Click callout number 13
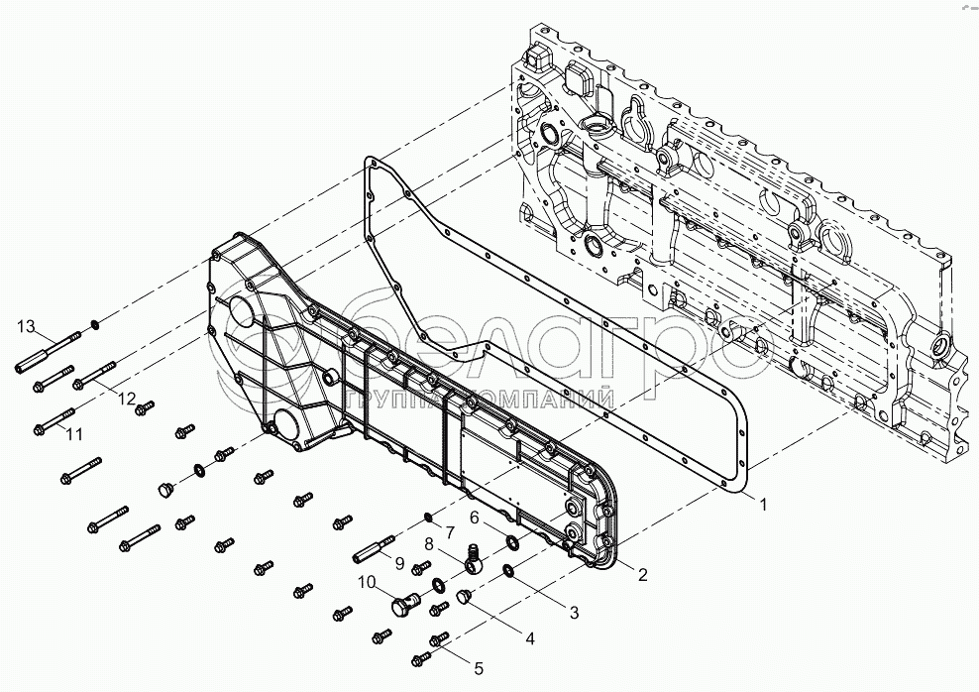coord(26,326)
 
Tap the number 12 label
coord(127,398)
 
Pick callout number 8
coord(429,543)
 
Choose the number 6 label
coord(474,517)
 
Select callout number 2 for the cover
coord(642,574)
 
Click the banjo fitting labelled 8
coord(474,561)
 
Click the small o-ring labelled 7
coord(427,516)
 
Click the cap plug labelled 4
coord(462,596)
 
